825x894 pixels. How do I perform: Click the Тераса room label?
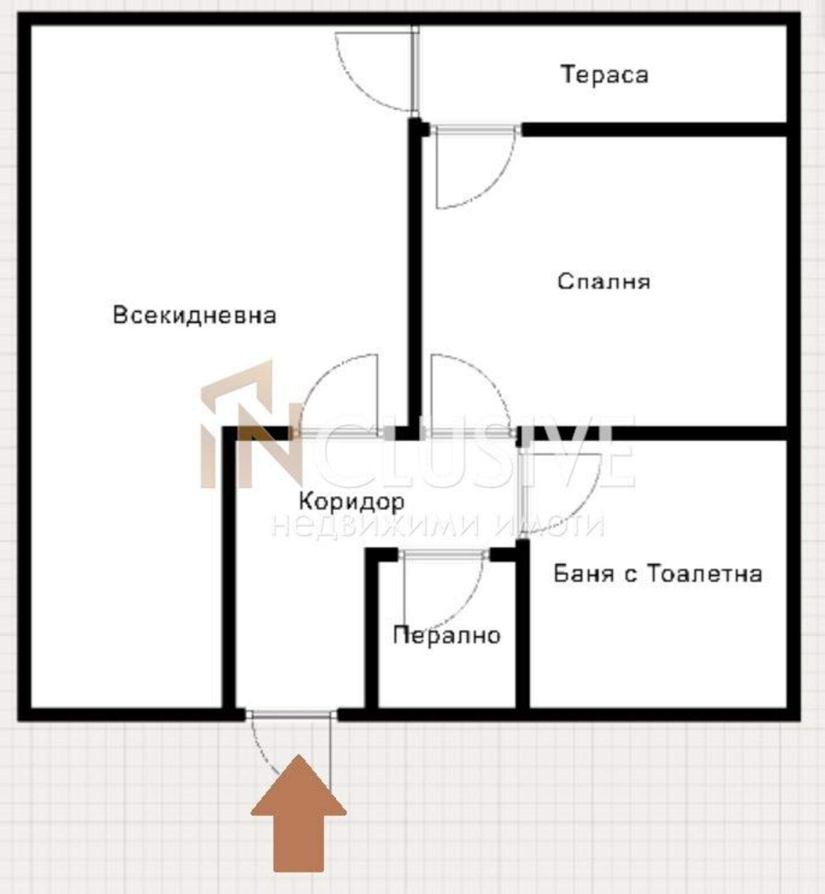coord(604,75)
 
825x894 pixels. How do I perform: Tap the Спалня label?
coord(604,281)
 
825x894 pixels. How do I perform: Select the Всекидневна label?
coord(194,315)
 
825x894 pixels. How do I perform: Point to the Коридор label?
coord(351,501)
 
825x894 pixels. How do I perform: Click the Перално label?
coord(446,635)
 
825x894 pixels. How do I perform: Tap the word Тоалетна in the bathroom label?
coord(704,574)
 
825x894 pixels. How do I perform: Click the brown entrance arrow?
coord(298,814)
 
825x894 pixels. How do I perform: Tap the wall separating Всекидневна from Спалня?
coord(415,275)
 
